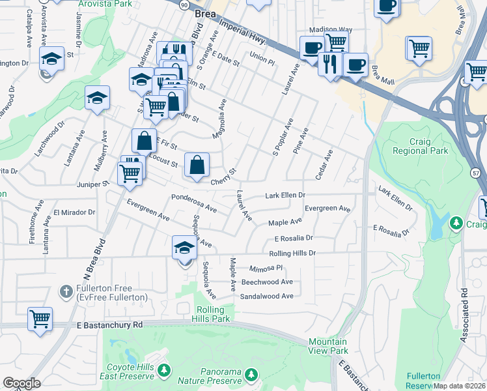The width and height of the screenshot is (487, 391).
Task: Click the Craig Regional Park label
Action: (x=420, y=145)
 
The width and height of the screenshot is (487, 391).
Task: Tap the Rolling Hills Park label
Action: (x=212, y=314)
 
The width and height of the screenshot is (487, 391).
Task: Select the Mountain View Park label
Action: (x=327, y=346)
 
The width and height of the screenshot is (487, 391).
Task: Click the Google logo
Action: (x=21, y=383)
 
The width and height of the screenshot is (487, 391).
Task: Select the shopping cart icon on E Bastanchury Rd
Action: (x=40, y=319)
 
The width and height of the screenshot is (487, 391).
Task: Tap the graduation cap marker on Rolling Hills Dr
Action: (x=184, y=248)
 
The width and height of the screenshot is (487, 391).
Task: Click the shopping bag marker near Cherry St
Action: (x=197, y=165)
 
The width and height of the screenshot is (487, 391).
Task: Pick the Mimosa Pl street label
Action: (x=266, y=268)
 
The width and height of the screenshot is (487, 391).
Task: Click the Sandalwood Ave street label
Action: (x=267, y=296)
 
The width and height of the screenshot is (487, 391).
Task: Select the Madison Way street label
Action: (x=330, y=30)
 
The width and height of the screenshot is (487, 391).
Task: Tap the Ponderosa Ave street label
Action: (x=193, y=202)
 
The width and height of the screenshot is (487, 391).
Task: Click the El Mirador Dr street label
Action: (x=74, y=212)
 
